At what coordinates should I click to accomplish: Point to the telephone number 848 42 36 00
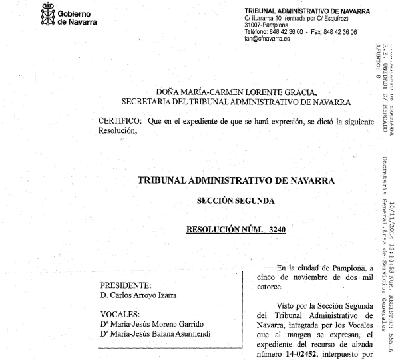(286, 32)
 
